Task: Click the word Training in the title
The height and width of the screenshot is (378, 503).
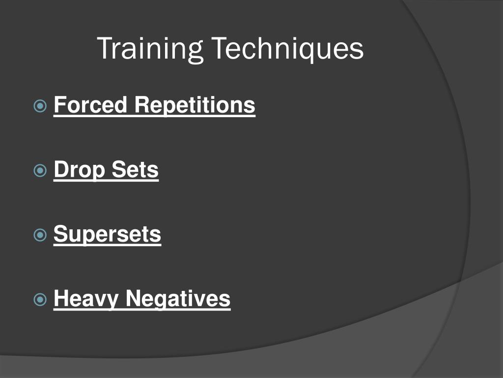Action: point(150,49)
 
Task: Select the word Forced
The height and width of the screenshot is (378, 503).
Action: point(90,105)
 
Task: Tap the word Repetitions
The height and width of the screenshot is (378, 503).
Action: point(195,105)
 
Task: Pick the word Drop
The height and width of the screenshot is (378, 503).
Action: point(80,170)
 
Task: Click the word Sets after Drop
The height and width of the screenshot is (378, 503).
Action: point(135,170)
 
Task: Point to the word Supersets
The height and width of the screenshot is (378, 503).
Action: point(107,234)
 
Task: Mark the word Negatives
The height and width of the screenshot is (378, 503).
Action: point(177,298)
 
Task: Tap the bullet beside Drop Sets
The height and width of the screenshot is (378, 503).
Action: point(40,171)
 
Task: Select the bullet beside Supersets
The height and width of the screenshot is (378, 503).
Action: point(40,235)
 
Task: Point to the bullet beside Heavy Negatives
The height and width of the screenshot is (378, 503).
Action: point(40,299)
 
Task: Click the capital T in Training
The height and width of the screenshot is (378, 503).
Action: point(105,48)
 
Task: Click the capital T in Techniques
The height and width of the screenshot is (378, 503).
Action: point(220,48)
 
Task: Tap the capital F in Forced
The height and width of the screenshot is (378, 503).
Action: point(59,105)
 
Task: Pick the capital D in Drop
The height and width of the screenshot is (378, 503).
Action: point(60,169)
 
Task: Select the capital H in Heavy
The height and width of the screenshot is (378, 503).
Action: point(60,298)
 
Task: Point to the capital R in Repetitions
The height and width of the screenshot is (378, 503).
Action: point(140,105)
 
